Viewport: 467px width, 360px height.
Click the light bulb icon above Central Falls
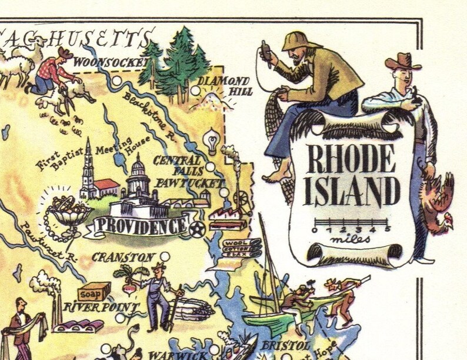tap(210, 141)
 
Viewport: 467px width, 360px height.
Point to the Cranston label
tap(123, 258)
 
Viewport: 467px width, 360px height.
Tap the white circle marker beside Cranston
tap(165, 257)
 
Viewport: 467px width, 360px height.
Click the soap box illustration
tap(94, 291)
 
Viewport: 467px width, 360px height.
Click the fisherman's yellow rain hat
tap(300, 40)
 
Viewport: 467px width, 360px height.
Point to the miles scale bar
tap(351, 224)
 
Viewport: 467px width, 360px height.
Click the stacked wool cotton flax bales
tap(241, 248)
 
